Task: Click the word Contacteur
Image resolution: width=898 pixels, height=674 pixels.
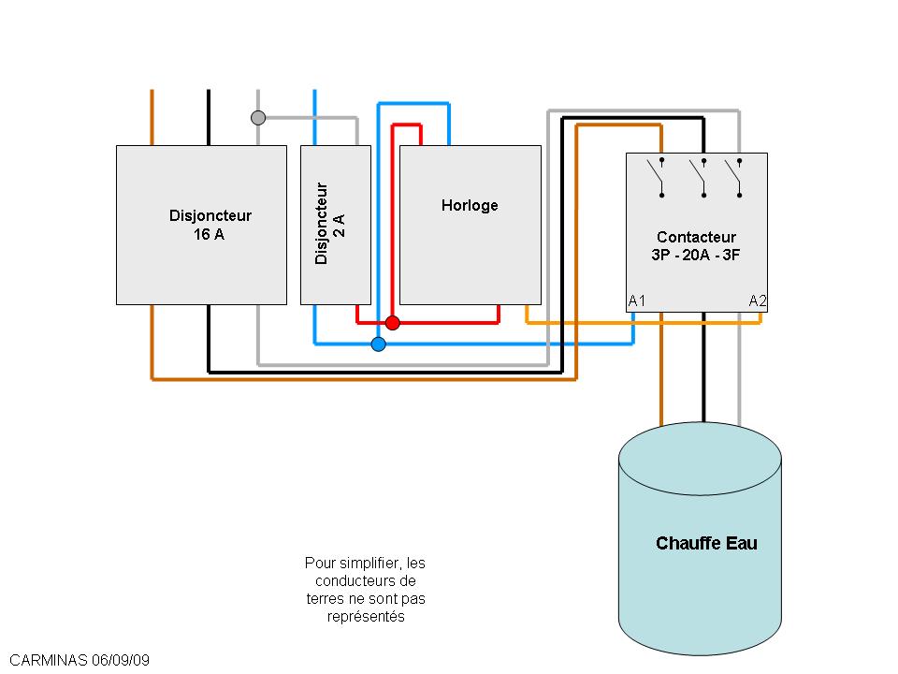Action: [x=696, y=237]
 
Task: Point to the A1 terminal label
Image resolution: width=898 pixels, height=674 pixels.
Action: [x=637, y=300]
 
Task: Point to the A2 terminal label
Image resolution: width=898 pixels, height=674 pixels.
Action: [x=758, y=300]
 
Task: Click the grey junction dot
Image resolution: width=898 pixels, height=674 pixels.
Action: [x=258, y=118]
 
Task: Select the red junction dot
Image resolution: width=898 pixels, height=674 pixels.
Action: [x=393, y=323]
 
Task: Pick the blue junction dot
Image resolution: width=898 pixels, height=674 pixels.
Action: [x=378, y=344]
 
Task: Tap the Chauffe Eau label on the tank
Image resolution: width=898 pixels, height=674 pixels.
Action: [x=706, y=543]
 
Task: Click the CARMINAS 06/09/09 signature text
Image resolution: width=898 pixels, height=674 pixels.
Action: [x=79, y=660]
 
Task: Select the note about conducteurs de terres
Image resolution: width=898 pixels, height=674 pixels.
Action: [x=365, y=590]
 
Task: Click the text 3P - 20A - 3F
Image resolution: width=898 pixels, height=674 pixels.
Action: [x=696, y=254]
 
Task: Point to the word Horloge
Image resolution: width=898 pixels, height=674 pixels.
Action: [x=470, y=205]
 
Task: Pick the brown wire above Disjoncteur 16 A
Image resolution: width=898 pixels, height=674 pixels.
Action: [x=152, y=117]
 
